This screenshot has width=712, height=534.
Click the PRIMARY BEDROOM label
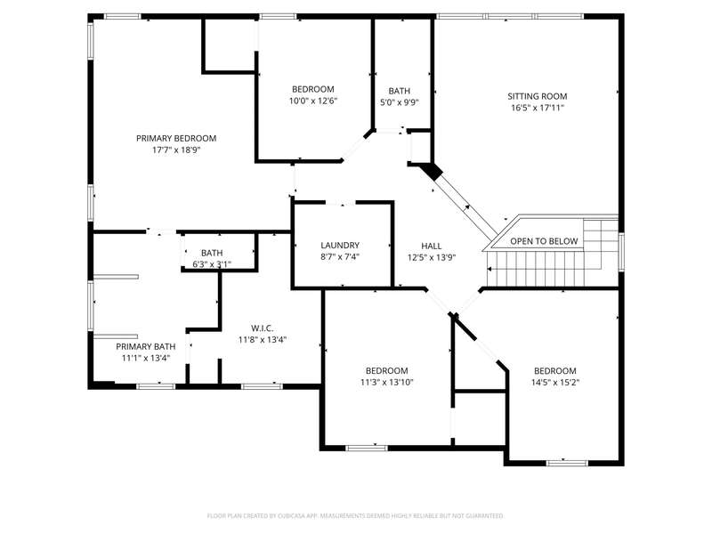click(x=176, y=138)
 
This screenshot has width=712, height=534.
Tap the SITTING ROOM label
click(x=538, y=96)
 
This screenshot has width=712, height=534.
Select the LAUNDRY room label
click(x=340, y=246)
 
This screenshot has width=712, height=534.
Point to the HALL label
click(x=432, y=246)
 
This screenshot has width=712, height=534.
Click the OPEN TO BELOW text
click(x=544, y=241)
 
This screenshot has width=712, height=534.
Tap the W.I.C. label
click(x=263, y=328)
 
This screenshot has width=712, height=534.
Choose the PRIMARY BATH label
click(x=146, y=346)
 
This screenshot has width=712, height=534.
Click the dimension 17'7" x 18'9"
click(x=176, y=150)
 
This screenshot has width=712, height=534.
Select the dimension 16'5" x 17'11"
click(x=538, y=108)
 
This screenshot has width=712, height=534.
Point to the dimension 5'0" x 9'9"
click(x=399, y=102)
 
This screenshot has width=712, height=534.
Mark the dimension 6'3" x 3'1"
click(x=212, y=264)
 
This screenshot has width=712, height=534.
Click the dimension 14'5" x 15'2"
click(x=555, y=383)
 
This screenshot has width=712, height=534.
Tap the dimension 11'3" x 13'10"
click(x=387, y=383)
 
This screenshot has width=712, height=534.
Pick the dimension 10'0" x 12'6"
click(x=313, y=101)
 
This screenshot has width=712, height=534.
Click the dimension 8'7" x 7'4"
click(x=340, y=257)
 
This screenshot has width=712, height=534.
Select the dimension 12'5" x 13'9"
click(x=432, y=257)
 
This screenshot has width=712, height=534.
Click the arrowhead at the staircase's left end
click(x=489, y=270)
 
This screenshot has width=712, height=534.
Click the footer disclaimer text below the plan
click(x=355, y=516)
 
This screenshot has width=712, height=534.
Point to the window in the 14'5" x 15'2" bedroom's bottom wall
click(x=567, y=463)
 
